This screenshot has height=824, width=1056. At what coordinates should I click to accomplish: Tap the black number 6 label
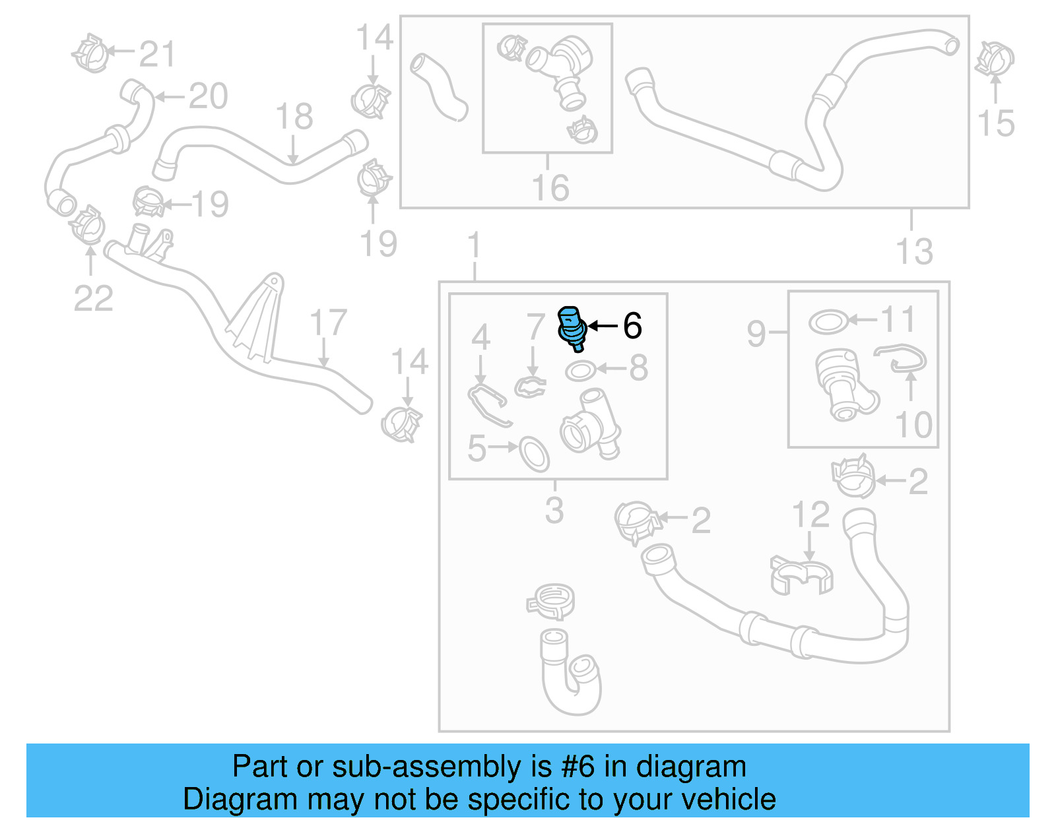pyautogui.click(x=632, y=326)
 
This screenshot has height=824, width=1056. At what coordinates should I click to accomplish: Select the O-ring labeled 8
pyautogui.click(x=579, y=371)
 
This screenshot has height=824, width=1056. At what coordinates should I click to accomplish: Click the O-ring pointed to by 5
pyautogui.click(x=534, y=453)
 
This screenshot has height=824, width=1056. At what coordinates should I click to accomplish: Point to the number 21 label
pyautogui.click(x=157, y=54)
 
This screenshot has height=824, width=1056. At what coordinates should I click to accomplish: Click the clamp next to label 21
pyautogui.click(x=90, y=53)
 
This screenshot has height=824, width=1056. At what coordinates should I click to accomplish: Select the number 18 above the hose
pyautogui.click(x=294, y=117)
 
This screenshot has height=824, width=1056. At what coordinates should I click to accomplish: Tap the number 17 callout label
pyautogui.click(x=328, y=323)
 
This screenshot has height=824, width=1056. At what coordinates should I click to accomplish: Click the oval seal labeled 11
pyautogui.click(x=828, y=322)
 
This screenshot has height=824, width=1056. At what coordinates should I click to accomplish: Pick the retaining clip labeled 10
pyautogui.click(x=902, y=357)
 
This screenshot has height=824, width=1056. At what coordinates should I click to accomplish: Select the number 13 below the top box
pyautogui.click(x=914, y=251)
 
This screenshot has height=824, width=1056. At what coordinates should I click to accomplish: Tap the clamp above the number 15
pyautogui.click(x=995, y=59)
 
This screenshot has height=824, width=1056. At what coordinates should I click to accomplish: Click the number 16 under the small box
pyautogui.click(x=550, y=188)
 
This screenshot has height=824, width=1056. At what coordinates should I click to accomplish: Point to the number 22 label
pyautogui.click(x=93, y=298)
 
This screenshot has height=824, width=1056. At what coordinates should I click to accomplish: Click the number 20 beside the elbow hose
pyautogui.click(x=208, y=96)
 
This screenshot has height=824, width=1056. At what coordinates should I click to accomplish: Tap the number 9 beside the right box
pyautogui.click(x=756, y=333)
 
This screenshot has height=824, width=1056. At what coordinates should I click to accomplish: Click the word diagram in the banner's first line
pyautogui.click(x=691, y=767)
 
